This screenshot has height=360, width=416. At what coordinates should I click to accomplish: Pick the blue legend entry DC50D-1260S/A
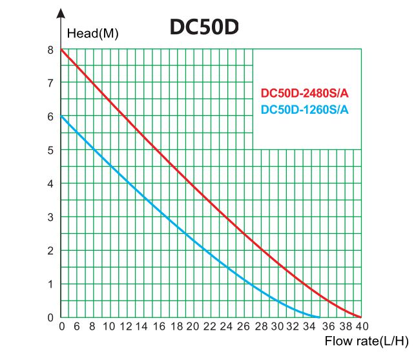point(304,109)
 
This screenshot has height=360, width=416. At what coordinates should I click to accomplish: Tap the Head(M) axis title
point(93,34)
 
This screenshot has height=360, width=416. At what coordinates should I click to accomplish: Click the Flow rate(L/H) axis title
point(366,341)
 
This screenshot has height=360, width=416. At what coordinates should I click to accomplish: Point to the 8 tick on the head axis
point(50,49)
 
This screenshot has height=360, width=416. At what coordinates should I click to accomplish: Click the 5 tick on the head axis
point(50,150)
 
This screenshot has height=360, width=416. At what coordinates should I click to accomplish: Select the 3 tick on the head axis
point(50,217)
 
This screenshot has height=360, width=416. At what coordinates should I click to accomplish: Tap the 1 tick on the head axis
point(50,284)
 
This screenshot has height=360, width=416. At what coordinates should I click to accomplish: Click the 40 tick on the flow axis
point(361,326)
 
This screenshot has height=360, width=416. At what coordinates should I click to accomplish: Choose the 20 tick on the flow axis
point(211,326)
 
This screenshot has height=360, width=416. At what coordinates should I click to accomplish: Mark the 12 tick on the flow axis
point(151,326)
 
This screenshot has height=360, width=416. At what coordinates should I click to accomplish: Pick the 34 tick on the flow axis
point(316,326)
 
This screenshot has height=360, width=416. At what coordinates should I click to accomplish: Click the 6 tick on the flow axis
point(76,326)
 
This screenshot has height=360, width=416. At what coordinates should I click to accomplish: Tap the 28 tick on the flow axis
point(271,326)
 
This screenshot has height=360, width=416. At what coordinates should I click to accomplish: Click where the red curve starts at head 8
point(62,50)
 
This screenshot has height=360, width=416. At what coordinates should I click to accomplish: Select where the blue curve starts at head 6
point(62,117)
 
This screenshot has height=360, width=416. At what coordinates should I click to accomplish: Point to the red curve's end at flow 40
point(360,317)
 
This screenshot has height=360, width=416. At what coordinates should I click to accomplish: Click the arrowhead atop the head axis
point(61,12)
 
